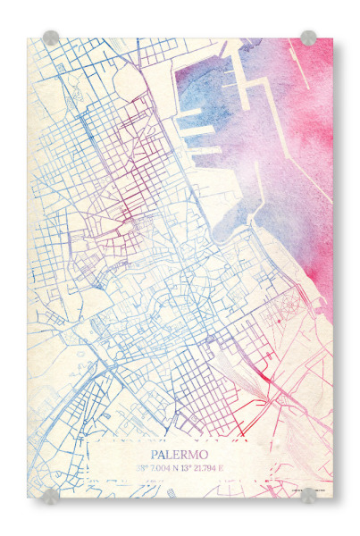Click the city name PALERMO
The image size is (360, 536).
pos(180,454)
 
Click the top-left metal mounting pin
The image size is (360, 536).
pos(51,38)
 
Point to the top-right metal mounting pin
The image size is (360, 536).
pos(308,38)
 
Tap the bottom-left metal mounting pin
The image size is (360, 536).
pos(51,494)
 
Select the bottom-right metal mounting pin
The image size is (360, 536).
pos(308,494)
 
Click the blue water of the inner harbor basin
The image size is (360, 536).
pos(192,89)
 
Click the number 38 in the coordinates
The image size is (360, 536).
pos(139,467)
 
